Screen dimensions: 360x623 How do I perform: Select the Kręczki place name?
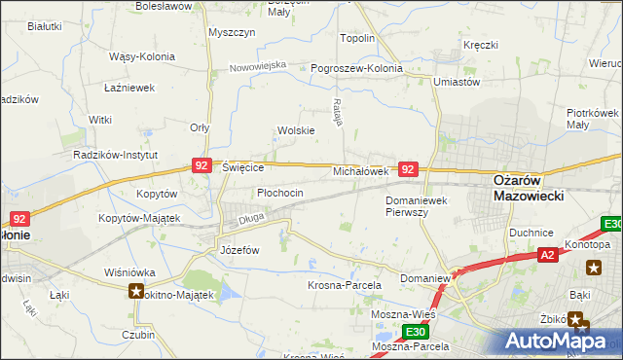(x=481, y=45)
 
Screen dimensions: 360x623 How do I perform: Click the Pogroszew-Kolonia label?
(x=356, y=69)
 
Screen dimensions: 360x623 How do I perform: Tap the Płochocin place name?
(x=280, y=193)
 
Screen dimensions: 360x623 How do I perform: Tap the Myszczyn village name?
(x=232, y=32)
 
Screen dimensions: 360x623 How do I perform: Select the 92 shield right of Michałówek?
(x=409, y=169)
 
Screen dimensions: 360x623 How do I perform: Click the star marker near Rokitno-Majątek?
(x=136, y=291)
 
